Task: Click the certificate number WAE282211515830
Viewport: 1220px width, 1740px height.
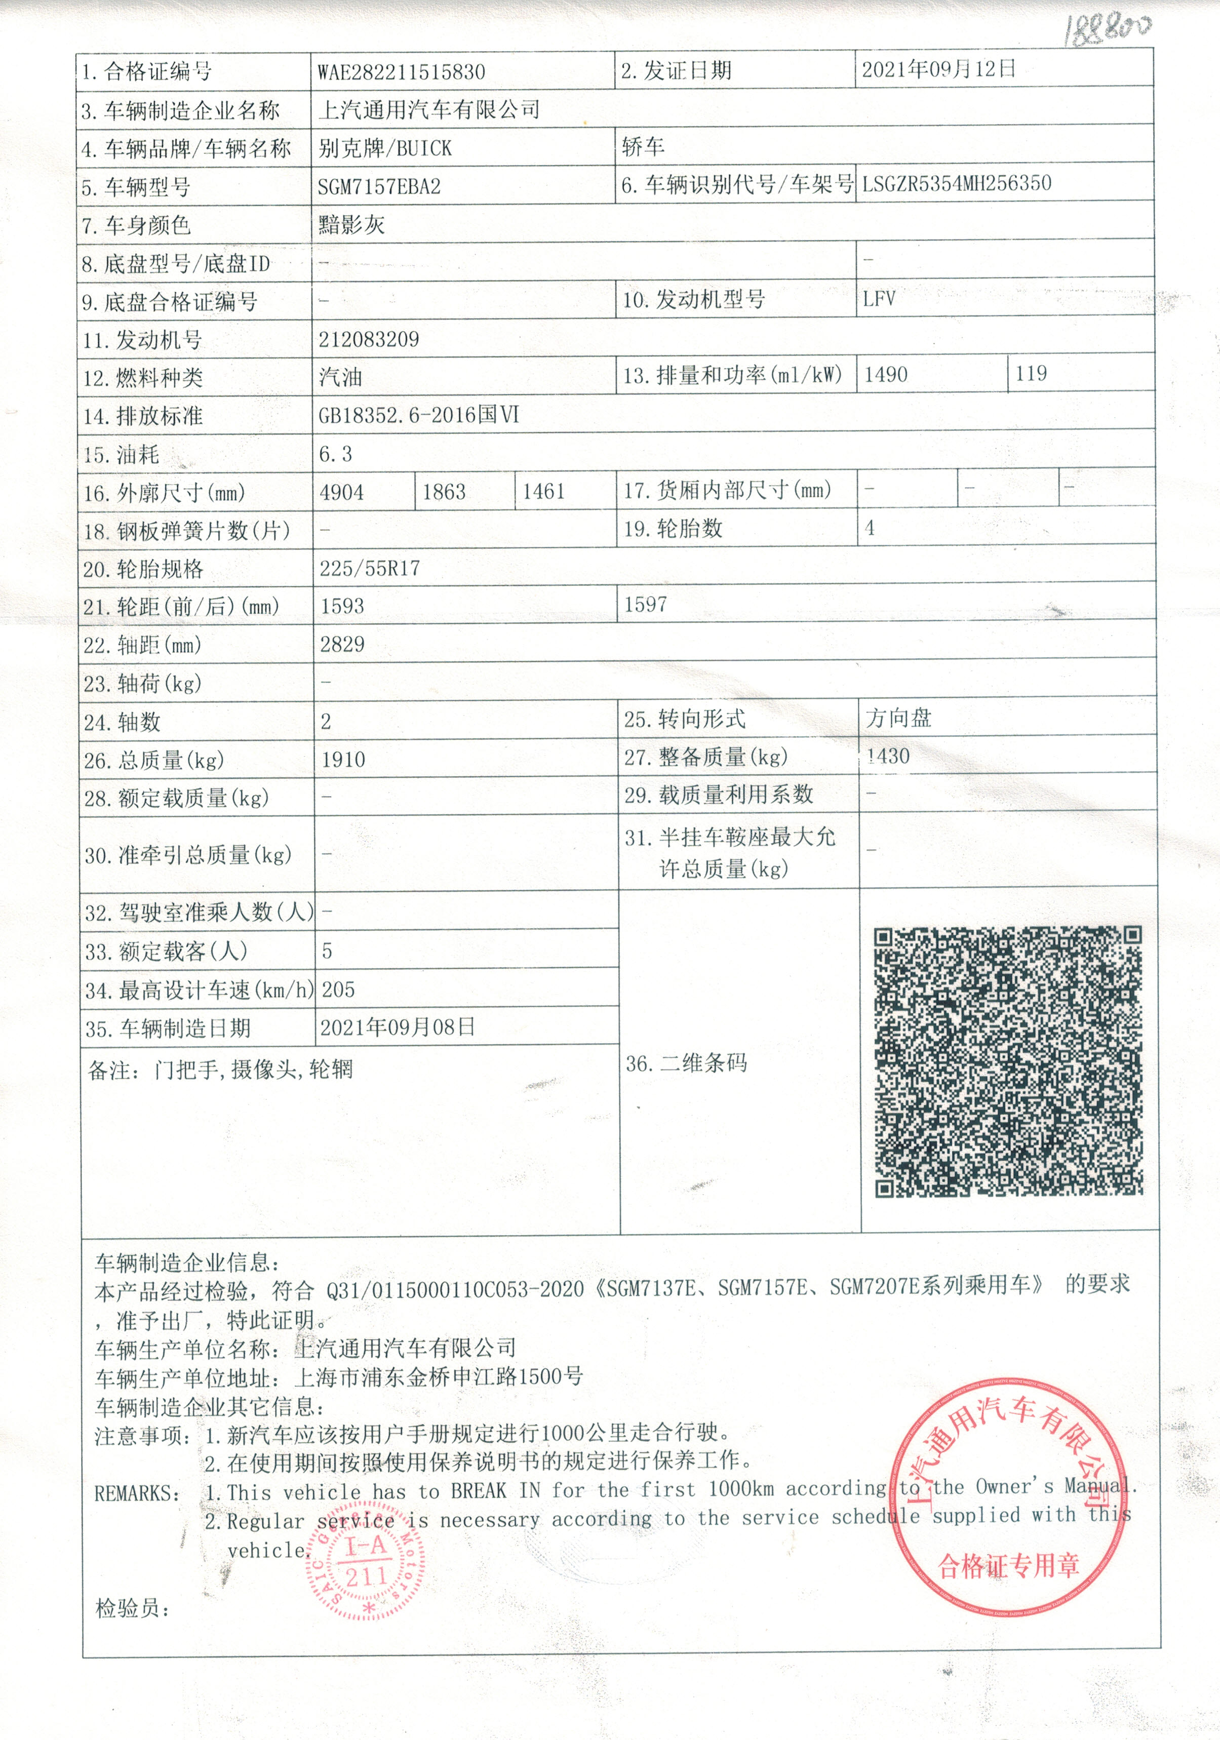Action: pos(401,72)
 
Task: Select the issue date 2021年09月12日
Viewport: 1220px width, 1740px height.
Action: pos(938,70)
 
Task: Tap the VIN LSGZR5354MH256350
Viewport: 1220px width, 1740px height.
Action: pos(956,183)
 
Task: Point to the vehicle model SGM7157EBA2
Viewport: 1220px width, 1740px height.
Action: pos(379,186)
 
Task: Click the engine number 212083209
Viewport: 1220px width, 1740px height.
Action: pos(368,339)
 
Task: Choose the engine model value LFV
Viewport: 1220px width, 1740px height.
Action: pos(879,299)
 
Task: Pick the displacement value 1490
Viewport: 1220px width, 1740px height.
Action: pos(886,374)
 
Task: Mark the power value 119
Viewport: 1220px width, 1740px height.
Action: pos(1031,373)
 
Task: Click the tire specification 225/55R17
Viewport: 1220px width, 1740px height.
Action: pos(370,568)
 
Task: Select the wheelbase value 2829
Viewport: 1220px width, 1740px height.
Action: pos(342,644)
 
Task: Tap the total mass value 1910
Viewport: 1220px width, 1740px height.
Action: pos(343,760)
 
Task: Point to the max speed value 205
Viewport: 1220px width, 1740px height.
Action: pos(338,989)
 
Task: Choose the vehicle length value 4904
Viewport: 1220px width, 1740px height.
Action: pos(342,493)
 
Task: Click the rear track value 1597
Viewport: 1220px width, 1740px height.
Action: pos(646,605)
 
